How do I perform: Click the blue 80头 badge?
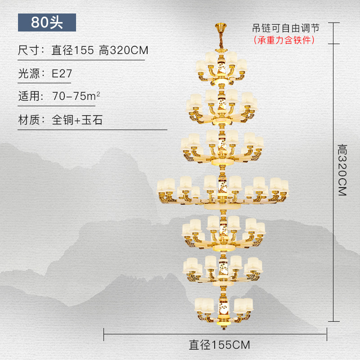47,22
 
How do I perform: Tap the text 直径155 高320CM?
100,50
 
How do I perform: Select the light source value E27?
62,73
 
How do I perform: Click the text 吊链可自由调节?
285,28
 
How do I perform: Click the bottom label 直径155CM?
219,345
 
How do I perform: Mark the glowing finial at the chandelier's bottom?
221,322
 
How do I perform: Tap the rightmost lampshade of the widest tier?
283,185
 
